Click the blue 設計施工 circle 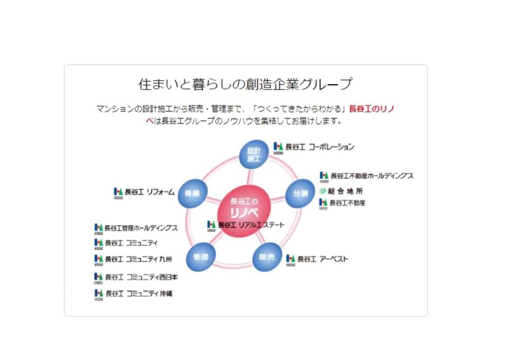tap(253, 154)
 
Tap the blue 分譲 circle tap(299, 193)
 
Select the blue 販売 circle tap(267, 257)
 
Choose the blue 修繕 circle tap(192, 193)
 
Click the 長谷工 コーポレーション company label tap(319, 147)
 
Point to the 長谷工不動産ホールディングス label tap(372, 176)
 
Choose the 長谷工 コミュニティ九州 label tap(138, 259)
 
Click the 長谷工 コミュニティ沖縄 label tap(138, 294)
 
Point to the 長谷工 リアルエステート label tap(251, 225)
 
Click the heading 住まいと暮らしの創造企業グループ tap(245, 84)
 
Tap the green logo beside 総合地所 tap(323, 191)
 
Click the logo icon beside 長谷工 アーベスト tap(291, 260)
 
